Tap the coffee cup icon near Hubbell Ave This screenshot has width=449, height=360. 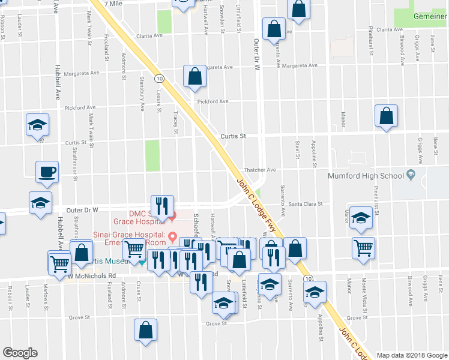tap(47, 172)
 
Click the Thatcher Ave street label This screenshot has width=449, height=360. tap(259, 170)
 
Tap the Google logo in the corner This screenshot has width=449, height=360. tap(20, 353)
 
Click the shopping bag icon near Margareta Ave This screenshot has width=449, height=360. tap(194, 76)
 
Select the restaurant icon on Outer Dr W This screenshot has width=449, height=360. tap(161, 206)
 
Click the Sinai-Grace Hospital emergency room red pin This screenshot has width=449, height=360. tap(173, 235)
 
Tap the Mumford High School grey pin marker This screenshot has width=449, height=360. tap(411, 176)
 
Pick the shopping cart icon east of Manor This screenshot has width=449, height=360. tap(364, 247)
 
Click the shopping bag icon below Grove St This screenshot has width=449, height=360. tap(145, 329)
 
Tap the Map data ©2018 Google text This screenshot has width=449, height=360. tap(412, 355)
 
